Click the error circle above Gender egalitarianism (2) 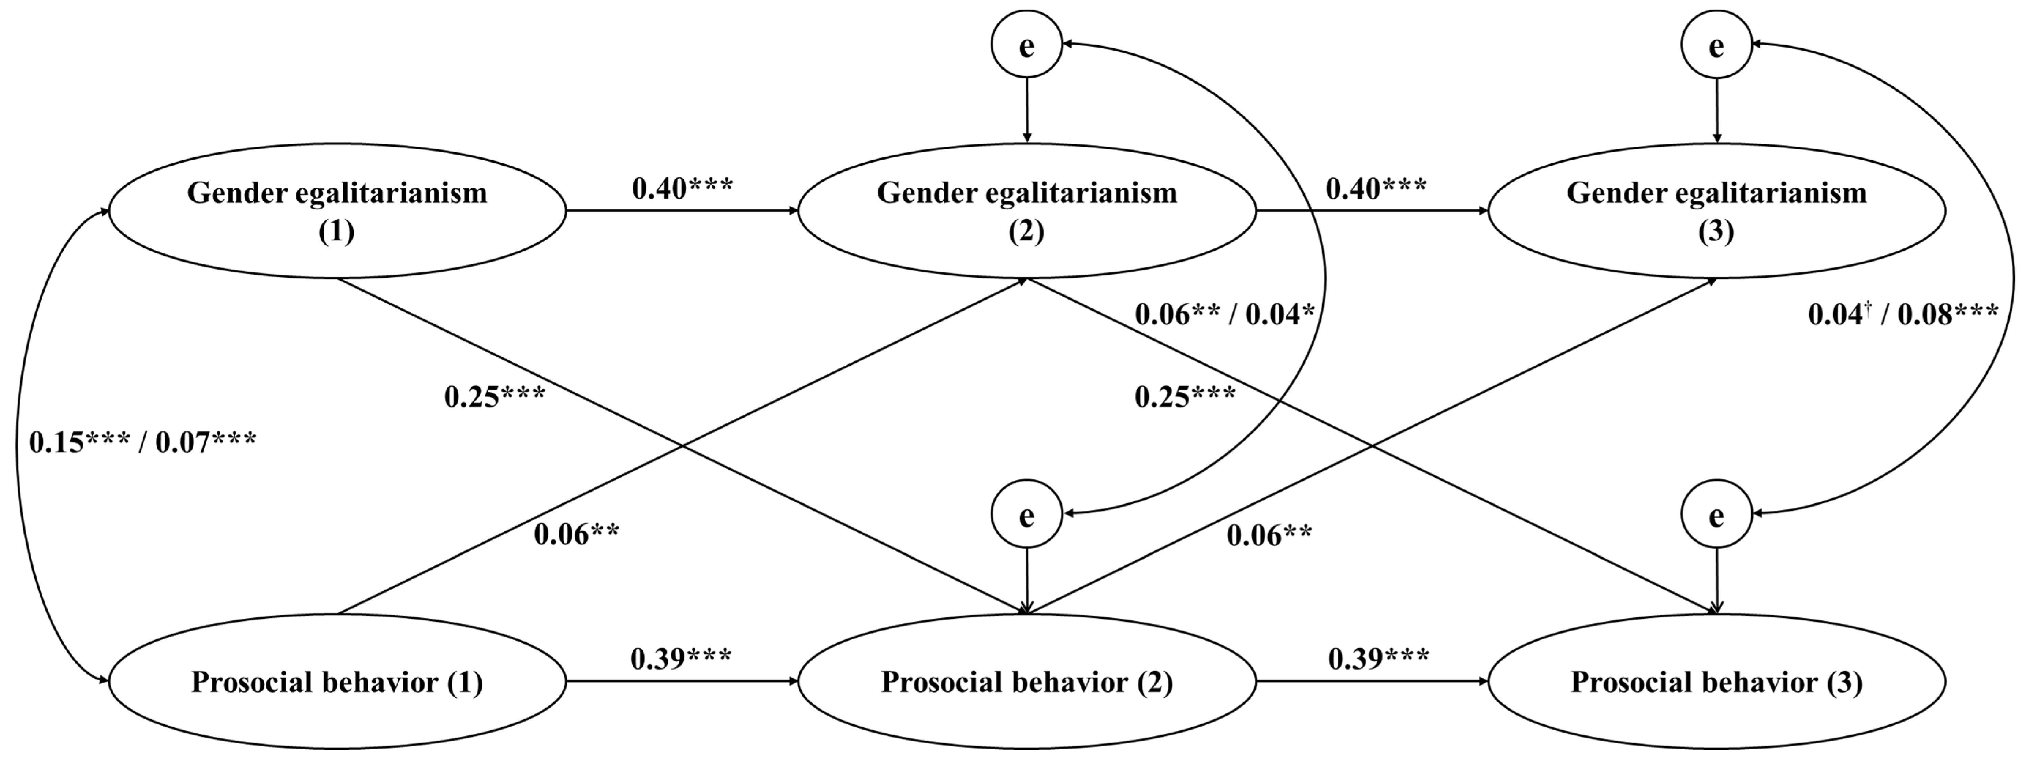[x=1027, y=45]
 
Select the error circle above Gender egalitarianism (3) [x=1717, y=45]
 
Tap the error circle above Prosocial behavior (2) [x=1027, y=515]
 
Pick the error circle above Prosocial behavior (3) [x=1717, y=515]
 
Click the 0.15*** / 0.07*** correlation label [x=142, y=442]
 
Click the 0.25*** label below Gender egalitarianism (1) [x=495, y=397]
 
